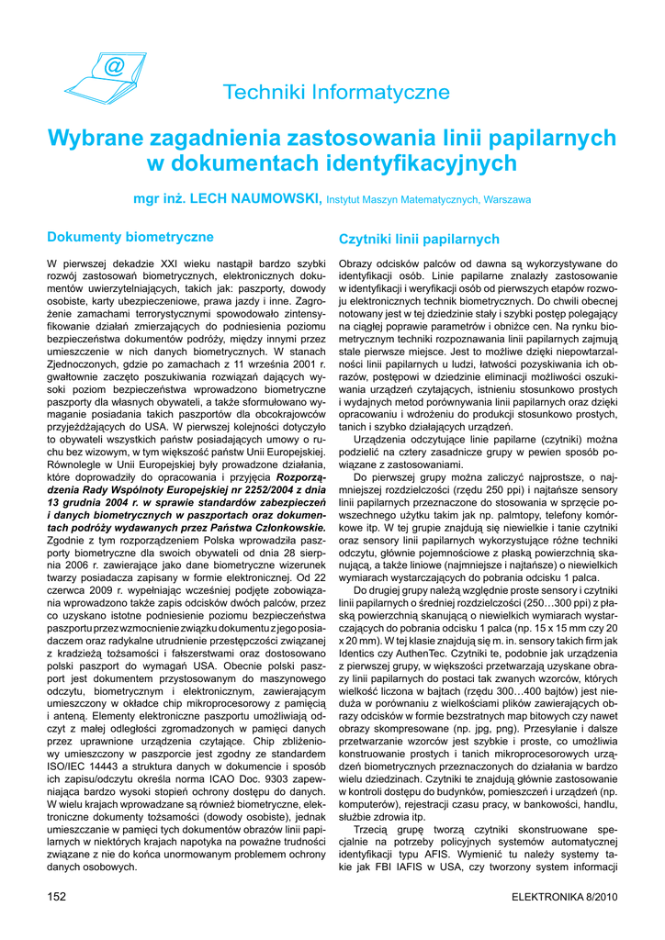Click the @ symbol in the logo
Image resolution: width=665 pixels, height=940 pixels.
click(x=114, y=67)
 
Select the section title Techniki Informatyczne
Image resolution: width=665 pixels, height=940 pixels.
click(x=336, y=92)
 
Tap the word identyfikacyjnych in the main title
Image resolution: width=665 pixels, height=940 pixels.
click(x=422, y=163)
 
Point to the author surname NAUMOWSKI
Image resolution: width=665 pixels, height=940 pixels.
click(x=274, y=197)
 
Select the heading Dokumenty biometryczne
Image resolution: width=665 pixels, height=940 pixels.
click(x=130, y=237)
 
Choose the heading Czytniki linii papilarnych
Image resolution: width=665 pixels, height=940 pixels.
click(x=419, y=240)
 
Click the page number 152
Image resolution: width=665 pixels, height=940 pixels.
click(x=57, y=896)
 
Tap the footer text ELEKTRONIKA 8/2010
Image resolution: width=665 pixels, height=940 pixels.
click(x=564, y=896)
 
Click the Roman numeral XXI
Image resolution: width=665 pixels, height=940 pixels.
click(x=162, y=263)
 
